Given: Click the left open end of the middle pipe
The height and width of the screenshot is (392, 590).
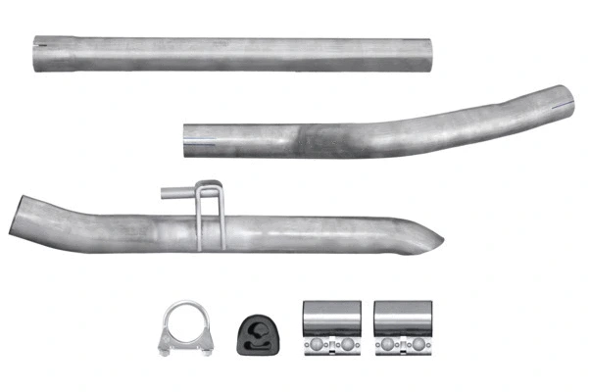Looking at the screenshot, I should (190, 139).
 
